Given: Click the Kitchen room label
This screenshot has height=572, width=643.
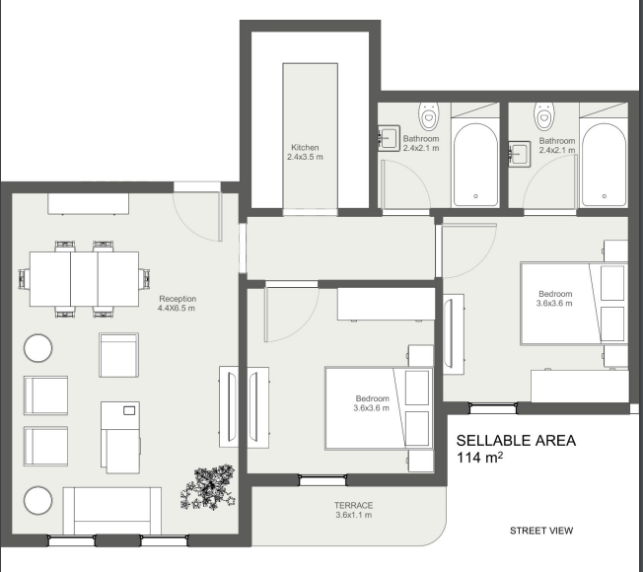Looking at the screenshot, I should (305, 147).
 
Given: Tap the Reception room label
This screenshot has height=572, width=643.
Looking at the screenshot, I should (178, 298).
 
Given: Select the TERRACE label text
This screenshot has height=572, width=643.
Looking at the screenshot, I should (354, 505).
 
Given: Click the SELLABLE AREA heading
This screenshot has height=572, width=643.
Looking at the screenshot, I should (516, 441).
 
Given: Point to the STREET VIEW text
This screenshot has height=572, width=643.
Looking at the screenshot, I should (541, 531).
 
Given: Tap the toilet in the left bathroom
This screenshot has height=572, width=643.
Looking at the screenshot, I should (429, 117).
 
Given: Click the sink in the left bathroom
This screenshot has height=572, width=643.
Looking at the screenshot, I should (390, 137).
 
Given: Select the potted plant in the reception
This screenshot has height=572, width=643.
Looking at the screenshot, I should (207, 487).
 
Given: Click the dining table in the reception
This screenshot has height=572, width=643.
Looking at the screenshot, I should (85, 279).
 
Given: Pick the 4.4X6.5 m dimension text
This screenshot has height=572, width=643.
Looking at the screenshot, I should (178, 309).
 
